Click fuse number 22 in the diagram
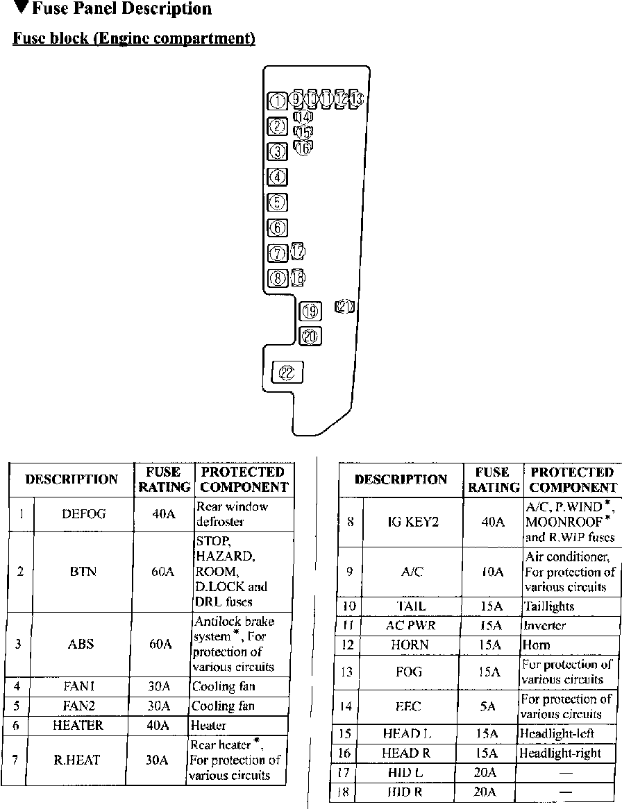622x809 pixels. [x=287, y=373]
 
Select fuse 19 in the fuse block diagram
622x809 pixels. [x=310, y=311]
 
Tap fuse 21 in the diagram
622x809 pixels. [x=345, y=307]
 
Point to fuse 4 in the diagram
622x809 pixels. [x=277, y=177]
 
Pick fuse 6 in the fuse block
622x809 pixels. [x=277, y=227]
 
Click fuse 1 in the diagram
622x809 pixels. [x=277, y=101]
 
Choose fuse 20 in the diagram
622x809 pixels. [x=310, y=337]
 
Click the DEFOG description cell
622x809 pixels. [x=83, y=514]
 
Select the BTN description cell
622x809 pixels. [x=83, y=572]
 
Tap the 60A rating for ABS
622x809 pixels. [x=161, y=644]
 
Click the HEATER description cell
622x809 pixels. [x=78, y=725]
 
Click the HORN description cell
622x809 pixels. [x=410, y=645]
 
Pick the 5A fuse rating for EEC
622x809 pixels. [x=488, y=706]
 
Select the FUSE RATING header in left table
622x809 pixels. [x=165, y=479]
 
